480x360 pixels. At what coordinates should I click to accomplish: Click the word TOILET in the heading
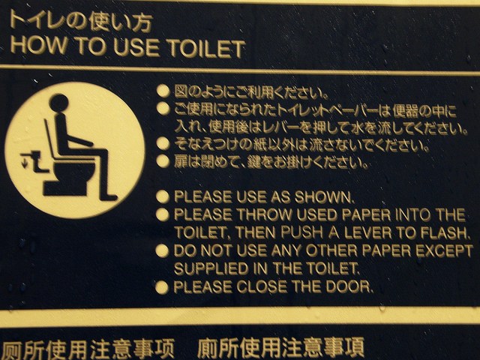click(x=207, y=48)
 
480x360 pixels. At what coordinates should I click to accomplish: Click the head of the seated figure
click(x=58, y=103)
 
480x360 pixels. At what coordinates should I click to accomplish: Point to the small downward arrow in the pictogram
click(x=25, y=162)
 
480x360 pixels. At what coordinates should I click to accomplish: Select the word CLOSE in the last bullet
click(x=262, y=286)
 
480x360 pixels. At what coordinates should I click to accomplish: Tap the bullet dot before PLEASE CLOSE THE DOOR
click(x=162, y=287)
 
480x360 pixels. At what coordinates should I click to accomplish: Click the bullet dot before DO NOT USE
click(x=162, y=250)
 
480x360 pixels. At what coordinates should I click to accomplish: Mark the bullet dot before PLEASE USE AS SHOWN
click(x=163, y=196)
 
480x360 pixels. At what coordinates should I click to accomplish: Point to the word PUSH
click(x=301, y=232)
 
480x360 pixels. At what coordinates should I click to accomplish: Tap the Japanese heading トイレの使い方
click(x=81, y=21)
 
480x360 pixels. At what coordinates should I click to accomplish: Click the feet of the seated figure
click(x=109, y=197)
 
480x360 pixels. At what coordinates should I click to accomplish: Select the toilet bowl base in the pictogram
click(x=66, y=188)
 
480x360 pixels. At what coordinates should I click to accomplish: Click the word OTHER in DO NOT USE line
click(x=331, y=251)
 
